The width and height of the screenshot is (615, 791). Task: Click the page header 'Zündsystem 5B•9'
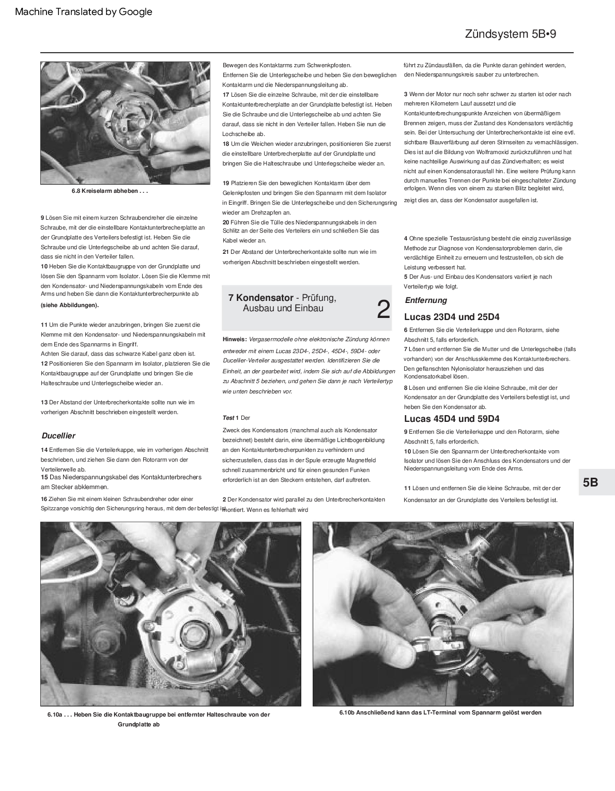click(510, 34)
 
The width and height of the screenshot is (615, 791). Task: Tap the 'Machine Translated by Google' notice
click(84, 12)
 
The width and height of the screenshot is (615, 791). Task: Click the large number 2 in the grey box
click(383, 309)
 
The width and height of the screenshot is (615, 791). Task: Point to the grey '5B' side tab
click(590, 482)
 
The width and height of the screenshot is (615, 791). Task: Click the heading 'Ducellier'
click(58, 436)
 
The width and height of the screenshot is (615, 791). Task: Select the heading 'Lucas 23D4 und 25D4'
click(452, 317)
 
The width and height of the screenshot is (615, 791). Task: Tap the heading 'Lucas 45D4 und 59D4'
click(452, 419)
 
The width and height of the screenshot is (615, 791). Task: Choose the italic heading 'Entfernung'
click(426, 300)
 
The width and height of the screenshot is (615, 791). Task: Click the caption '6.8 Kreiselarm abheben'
click(110, 191)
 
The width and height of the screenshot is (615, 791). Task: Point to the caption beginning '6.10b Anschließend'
click(440, 712)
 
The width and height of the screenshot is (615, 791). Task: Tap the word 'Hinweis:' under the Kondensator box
click(235, 339)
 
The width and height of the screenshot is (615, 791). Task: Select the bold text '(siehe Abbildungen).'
click(70, 305)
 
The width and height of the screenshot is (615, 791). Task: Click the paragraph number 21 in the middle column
click(226, 252)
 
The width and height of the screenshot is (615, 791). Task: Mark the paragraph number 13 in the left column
click(44, 402)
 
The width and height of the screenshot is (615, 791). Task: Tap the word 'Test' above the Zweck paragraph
click(228, 418)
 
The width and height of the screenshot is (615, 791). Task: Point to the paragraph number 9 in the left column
click(42, 218)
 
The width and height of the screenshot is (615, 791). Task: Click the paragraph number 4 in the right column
click(406, 238)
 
